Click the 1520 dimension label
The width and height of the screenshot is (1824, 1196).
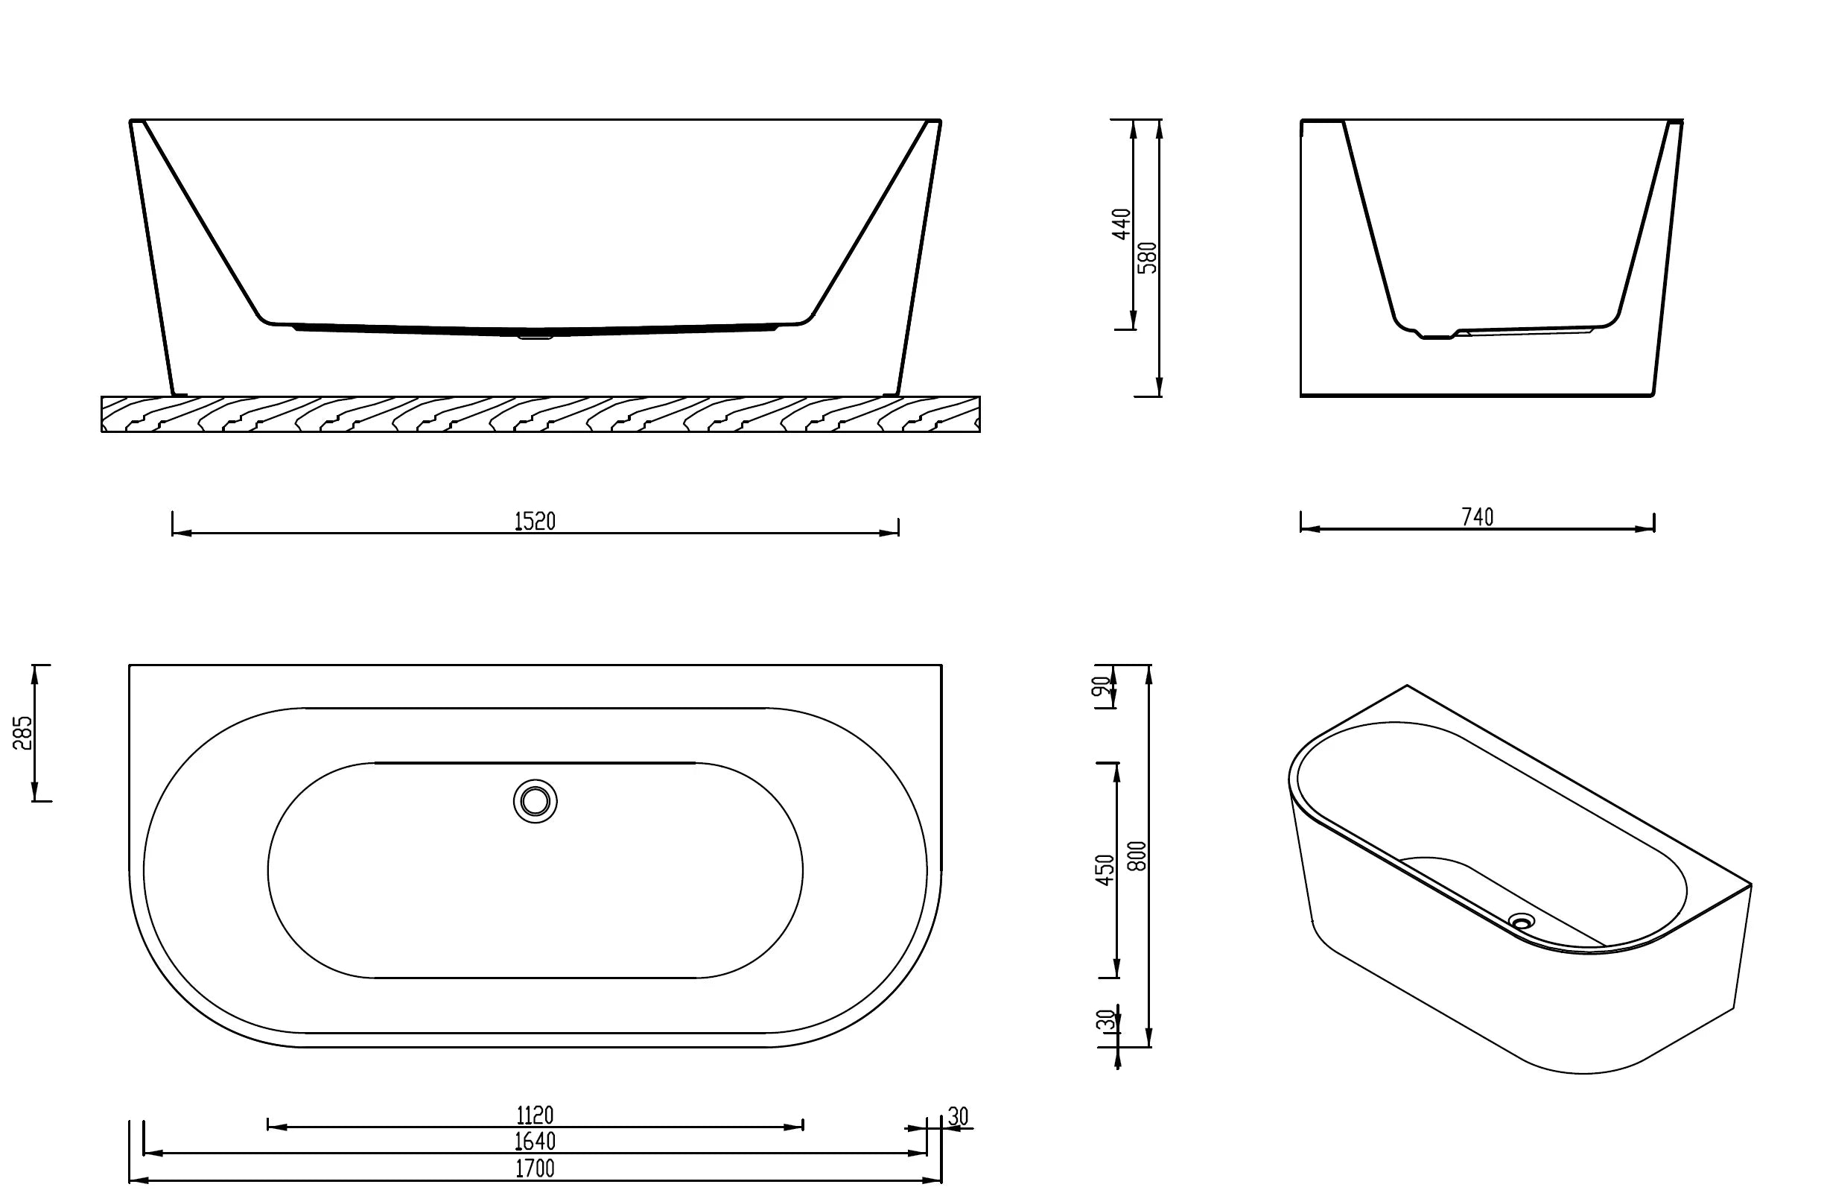pyautogui.click(x=534, y=522)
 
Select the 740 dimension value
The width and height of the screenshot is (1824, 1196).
pyautogui.click(x=1477, y=517)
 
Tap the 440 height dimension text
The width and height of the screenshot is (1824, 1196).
pyautogui.click(x=1121, y=223)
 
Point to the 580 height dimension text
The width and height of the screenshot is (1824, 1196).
pyautogui.click(x=1147, y=258)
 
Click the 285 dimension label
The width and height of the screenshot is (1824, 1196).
pyautogui.click(x=23, y=733)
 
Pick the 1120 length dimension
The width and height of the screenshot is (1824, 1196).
pyautogui.click(x=534, y=1115)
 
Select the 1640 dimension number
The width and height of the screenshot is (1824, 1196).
pyautogui.click(x=534, y=1142)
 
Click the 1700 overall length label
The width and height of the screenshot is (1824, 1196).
pyautogui.click(x=534, y=1168)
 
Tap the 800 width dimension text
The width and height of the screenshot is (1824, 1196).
pyautogui.click(x=1138, y=855)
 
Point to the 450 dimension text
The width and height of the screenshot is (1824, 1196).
pyautogui.click(x=1105, y=870)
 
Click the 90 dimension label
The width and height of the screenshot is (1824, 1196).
pyautogui.click(x=1102, y=686)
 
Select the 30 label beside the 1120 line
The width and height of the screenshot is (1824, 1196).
pyautogui.click(x=957, y=1116)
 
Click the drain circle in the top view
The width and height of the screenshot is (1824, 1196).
pyautogui.click(x=535, y=801)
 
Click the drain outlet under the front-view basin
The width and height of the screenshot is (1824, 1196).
pyautogui.click(x=535, y=335)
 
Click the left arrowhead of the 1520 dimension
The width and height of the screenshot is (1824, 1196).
pyautogui.click(x=181, y=533)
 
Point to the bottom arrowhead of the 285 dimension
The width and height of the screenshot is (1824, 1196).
pyautogui.click(x=34, y=793)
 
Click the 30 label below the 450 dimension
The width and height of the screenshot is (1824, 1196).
pyautogui.click(x=1105, y=1020)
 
